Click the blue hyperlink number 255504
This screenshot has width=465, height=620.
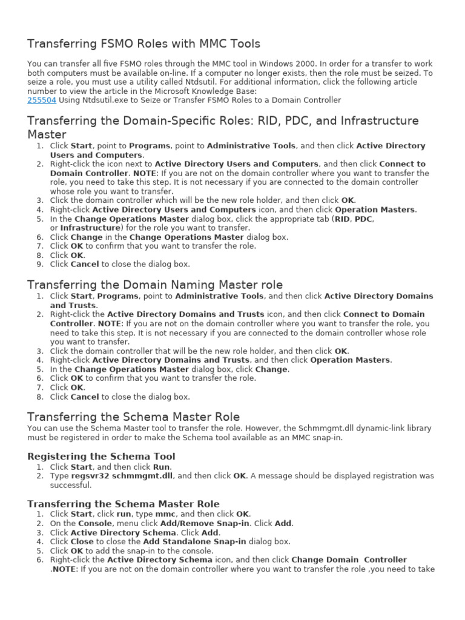pos(42,100)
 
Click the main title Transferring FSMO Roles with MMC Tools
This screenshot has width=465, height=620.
pos(143,44)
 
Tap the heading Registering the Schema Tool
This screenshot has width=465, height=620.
pos(102,456)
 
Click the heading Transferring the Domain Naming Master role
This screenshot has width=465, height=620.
pos(155,285)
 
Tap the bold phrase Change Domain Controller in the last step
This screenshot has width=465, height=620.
pos(349,559)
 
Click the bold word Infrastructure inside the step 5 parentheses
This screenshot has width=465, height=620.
pos(88,228)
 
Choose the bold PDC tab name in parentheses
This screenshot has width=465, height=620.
pos(363,219)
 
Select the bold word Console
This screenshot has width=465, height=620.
pos(94,523)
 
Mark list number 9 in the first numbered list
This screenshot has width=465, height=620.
pos(40,264)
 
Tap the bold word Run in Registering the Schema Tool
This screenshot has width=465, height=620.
pos(161,467)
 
